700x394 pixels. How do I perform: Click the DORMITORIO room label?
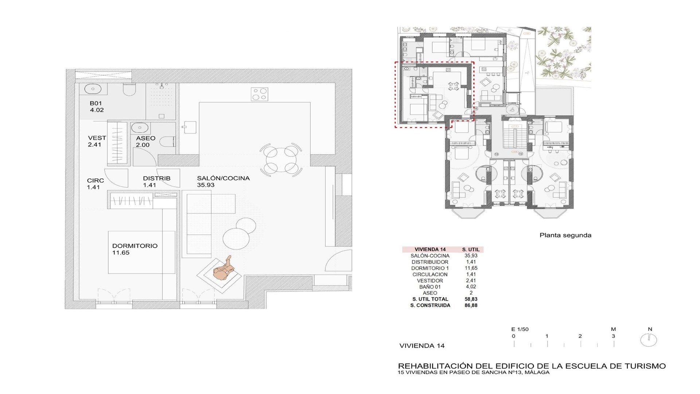click(135, 246)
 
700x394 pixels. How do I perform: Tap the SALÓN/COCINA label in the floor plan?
click(223, 178)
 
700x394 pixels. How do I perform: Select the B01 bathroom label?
click(96, 104)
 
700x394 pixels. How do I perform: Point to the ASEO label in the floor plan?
click(146, 138)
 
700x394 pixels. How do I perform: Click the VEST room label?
click(97, 138)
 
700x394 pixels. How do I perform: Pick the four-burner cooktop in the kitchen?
click(260, 94)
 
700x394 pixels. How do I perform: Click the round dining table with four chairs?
click(281, 159)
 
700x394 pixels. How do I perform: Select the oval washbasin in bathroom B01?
click(93, 89)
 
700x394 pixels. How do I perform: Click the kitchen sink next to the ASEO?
click(190, 127)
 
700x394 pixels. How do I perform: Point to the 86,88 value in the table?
click(471, 305)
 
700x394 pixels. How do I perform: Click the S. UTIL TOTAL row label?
click(430, 299)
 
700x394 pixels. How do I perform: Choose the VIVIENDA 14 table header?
click(430, 250)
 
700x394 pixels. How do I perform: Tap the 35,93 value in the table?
click(471, 256)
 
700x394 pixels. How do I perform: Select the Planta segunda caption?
click(565, 235)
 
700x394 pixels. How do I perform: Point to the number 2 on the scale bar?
click(580, 336)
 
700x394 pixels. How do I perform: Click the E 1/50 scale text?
click(520, 329)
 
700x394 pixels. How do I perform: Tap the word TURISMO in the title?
click(645, 366)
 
